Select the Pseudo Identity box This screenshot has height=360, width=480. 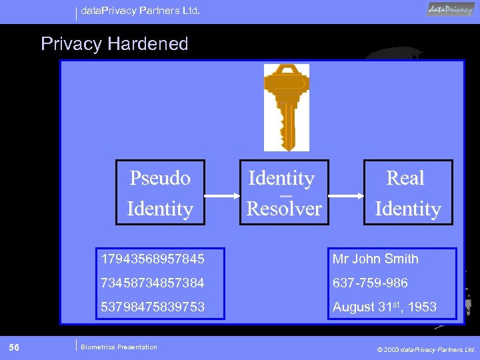tap(160, 193)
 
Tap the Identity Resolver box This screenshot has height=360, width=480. tap(284, 193)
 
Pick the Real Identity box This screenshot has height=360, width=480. tap(407, 193)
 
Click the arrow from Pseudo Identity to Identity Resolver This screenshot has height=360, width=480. tap(221, 195)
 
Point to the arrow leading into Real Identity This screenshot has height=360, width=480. tap(345, 195)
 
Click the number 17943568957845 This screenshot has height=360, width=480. tap(153, 259)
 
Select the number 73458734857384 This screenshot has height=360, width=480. tap(153, 283)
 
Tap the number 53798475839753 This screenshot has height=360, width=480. tap(153, 307)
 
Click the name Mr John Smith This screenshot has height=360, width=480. tap(376, 259)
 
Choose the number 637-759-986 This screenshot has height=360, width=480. tap(370, 283)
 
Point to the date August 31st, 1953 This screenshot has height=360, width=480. tap(385, 307)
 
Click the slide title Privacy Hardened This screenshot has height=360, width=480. tap(115, 44)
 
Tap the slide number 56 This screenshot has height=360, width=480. tap(14, 347)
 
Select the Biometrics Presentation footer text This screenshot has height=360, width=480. tap(119, 347)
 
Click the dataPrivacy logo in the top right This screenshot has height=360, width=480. tap(451, 9)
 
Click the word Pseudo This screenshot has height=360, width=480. tap(160, 179)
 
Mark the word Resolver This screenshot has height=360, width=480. tap(284, 209)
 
